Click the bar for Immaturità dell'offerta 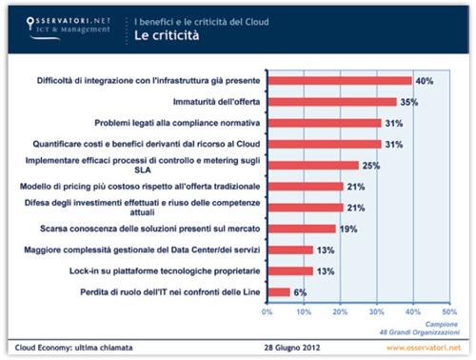click(331, 102)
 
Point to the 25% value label click(370, 165)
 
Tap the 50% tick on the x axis click(448, 310)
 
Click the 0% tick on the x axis click(268, 310)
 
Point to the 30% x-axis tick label click(376, 310)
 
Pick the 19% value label click(347, 229)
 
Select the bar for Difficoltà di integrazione click(340, 81)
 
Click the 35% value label click(408, 102)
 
